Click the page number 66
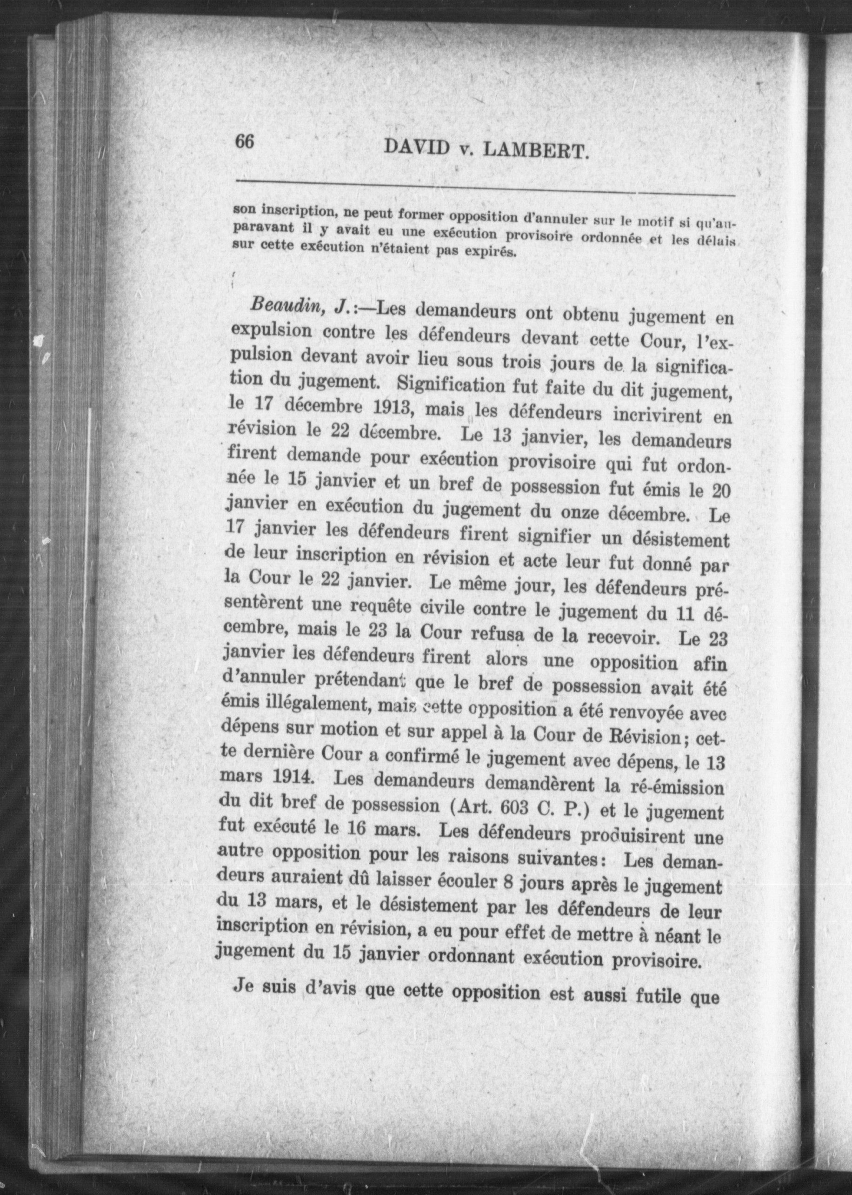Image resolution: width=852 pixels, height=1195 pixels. [245, 142]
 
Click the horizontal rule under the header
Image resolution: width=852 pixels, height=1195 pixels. [485, 188]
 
